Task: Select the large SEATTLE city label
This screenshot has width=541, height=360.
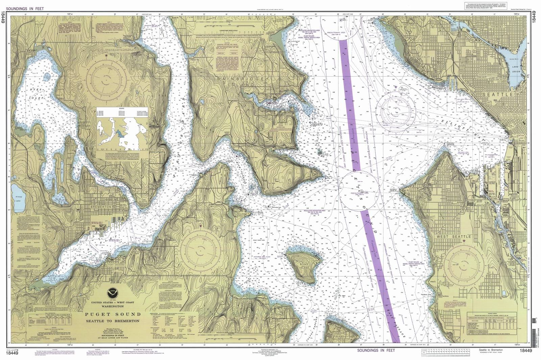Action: click(497, 94)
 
